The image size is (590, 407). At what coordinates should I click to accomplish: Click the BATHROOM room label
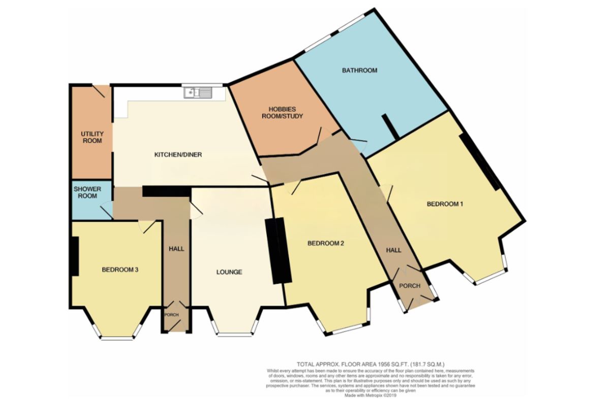pyautogui.click(x=359, y=70)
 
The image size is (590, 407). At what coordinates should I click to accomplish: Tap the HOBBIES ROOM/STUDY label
pyautogui.click(x=286, y=112)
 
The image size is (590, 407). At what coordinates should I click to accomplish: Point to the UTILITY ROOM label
pyautogui.click(x=91, y=137)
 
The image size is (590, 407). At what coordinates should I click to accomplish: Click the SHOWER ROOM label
pyautogui.click(x=87, y=192)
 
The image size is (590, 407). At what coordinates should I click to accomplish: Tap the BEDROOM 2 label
pyautogui.click(x=326, y=243)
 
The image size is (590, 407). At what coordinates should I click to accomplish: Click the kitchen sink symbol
pyautogui.click(x=199, y=93)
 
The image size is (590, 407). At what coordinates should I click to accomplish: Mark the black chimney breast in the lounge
pyautogui.click(x=279, y=250)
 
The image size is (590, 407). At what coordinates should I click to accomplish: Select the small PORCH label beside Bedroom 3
pyautogui.click(x=171, y=314)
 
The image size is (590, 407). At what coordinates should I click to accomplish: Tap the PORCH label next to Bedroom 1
pyautogui.click(x=409, y=285)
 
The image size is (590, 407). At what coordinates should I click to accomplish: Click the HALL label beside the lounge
pyautogui.click(x=176, y=249)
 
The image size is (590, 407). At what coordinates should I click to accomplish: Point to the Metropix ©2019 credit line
pyautogui.click(x=370, y=395)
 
